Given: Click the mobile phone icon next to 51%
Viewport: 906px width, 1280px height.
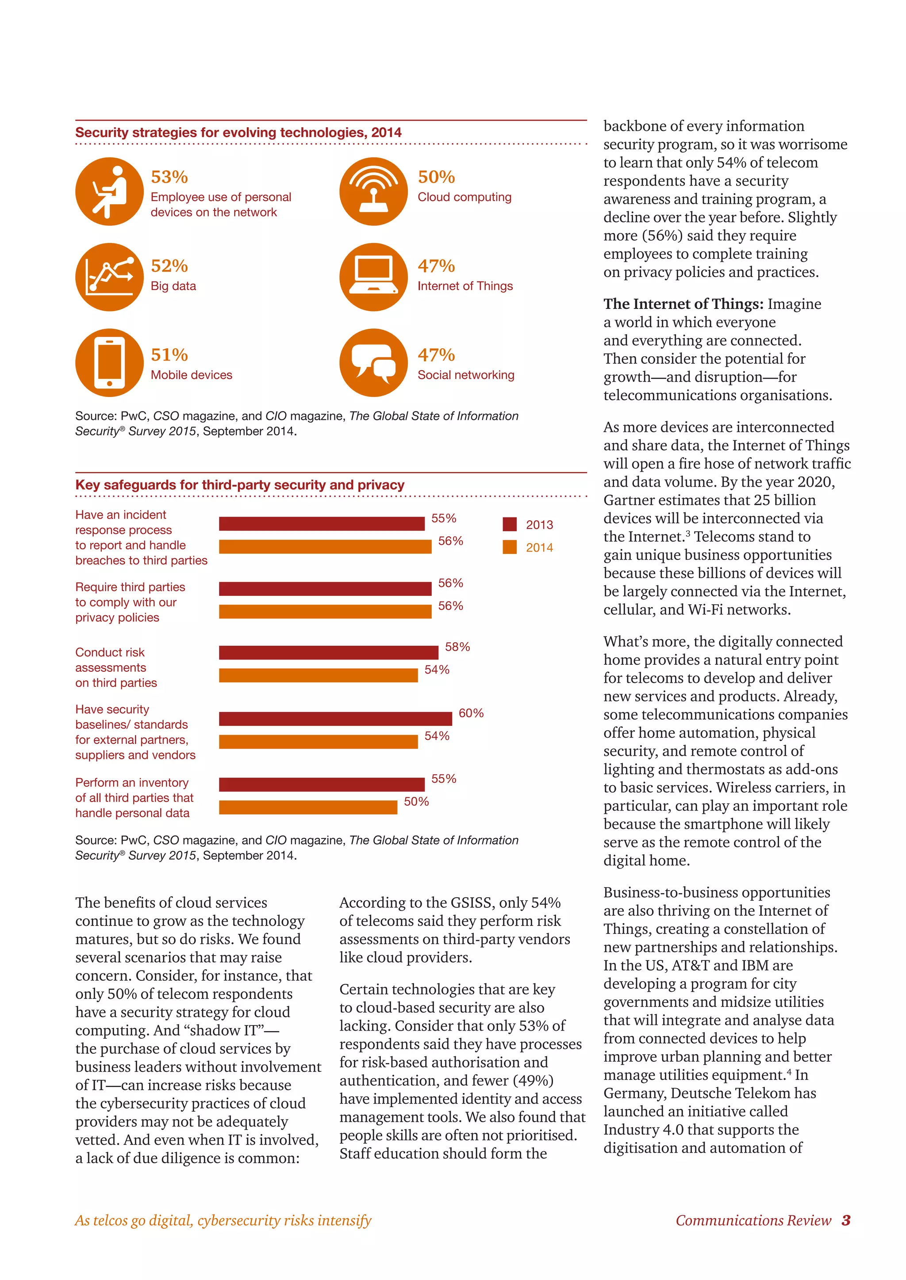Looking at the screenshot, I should coord(109,362).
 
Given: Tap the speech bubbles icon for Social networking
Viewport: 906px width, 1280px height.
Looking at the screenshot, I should coord(373,362).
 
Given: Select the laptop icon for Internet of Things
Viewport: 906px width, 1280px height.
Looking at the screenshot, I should coord(373,277).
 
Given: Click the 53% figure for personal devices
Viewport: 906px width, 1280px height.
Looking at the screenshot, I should coord(169,177).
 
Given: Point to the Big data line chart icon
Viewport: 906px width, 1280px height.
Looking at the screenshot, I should coord(109,277).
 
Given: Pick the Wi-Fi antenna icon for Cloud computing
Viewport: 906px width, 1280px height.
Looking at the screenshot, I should coord(373,191).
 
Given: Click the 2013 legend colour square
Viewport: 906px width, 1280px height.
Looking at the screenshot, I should coord(509,524).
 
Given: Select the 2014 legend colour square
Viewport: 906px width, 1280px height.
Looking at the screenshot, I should coord(509,547).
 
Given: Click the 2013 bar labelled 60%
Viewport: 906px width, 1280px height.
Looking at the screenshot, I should coord(335,719).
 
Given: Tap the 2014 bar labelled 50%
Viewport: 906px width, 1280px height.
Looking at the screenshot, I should coord(308,807).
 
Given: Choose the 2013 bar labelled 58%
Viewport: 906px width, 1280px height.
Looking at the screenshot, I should coord(328,652).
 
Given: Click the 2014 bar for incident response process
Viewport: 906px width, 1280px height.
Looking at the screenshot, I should coord(325,546).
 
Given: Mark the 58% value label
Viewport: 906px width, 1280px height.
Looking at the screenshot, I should coord(457,647).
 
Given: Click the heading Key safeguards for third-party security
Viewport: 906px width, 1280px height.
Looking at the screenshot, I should coord(239,485).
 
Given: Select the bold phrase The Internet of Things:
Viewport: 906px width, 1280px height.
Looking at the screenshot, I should coord(683,304).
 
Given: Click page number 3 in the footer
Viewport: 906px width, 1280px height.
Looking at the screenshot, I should coord(846,1220).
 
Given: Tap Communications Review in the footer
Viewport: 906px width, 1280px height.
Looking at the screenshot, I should coord(753,1220).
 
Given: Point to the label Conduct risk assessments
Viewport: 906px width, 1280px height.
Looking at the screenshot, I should coord(116,667).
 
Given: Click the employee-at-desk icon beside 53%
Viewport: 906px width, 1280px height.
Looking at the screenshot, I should coord(109,191).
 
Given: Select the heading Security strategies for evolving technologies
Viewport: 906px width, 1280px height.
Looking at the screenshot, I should coord(238,133).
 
